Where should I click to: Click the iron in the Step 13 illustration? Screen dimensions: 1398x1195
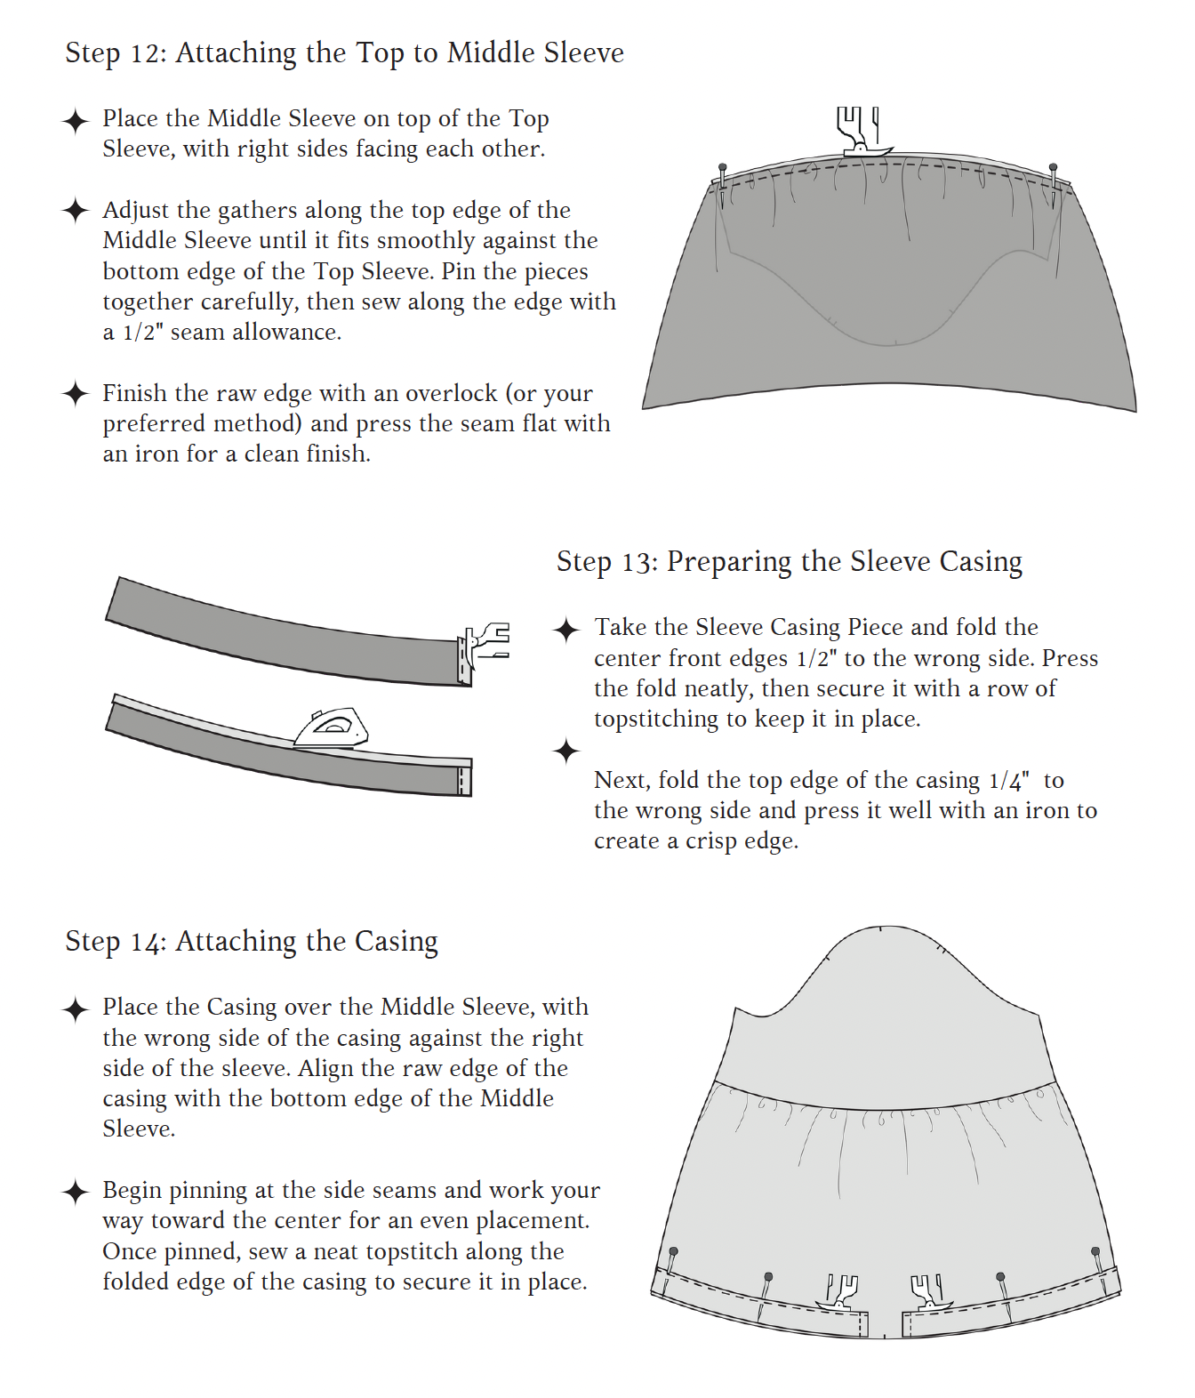[331, 728]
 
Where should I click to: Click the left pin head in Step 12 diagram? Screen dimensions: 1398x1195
[723, 167]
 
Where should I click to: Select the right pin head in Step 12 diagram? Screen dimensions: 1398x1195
[1053, 167]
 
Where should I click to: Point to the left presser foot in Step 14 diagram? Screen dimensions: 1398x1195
[840, 1293]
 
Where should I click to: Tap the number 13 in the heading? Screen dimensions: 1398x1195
[637, 563]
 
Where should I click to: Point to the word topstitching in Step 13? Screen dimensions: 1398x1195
[655, 719]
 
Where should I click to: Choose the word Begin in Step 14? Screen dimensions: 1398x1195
[132, 1191]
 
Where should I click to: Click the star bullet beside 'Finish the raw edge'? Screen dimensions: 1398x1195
[76, 393]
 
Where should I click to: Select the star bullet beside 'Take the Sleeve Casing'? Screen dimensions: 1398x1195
[566, 630]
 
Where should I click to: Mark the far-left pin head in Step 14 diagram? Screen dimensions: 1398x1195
[673, 1252]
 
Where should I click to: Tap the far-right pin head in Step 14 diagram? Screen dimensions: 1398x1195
[1095, 1250]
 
